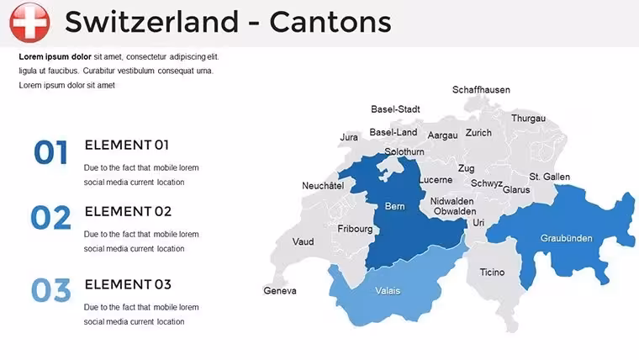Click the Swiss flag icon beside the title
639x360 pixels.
click(x=29, y=23)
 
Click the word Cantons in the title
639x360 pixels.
click(x=330, y=22)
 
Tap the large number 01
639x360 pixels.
click(x=50, y=152)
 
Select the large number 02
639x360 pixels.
click(x=51, y=218)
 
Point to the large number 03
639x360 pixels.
click(x=51, y=290)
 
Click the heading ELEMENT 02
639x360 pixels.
click(x=128, y=212)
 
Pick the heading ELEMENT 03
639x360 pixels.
click(x=128, y=284)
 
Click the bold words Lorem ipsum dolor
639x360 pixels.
click(x=55, y=56)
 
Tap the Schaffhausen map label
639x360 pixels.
click(x=481, y=90)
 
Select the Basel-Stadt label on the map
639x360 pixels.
click(x=395, y=109)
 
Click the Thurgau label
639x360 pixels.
click(x=529, y=119)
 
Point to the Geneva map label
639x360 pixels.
click(x=280, y=291)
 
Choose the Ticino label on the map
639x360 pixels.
click(x=493, y=272)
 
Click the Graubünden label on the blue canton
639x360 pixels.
click(x=567, y=238)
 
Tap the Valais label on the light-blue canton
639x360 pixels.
click(x=388, y=291)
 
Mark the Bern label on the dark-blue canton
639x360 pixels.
click(x=395, y=206)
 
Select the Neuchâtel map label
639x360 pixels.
click(x=323, y=186)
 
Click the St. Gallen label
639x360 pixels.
click(x=550, y=177)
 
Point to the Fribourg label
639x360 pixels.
click(x=355, y=229)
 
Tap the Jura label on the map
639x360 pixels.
click(x=349, y=137)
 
